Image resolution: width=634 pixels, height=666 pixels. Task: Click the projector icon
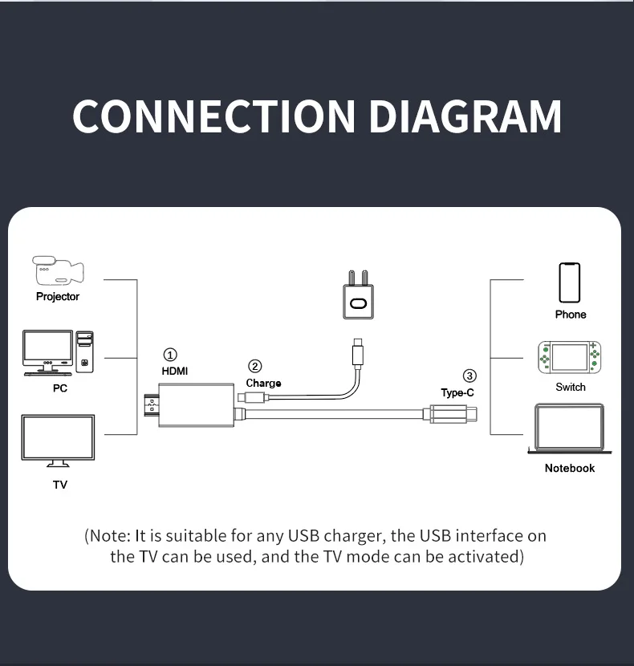click(57, 271)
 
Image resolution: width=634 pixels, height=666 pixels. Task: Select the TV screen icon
click(58, 440)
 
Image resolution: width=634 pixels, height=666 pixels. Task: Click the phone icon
click(570, 282)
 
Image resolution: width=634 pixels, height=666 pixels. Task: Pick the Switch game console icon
click(570, 357)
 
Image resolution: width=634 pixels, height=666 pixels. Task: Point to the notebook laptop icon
click(569, 429)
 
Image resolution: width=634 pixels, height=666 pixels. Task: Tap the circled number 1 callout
click(170, 355)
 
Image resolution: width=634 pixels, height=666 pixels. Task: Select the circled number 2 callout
click(255, 367)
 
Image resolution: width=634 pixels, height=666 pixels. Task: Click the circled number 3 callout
click(469, 376)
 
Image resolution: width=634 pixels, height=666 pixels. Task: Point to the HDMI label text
click(175, 371)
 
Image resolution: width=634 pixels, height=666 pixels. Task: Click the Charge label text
click(263, 384)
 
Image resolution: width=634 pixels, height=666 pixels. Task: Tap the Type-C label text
click(457, 392)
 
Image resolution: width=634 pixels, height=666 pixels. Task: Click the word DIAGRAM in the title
click(465, 116)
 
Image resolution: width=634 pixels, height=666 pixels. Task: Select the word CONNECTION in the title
click(213, 116)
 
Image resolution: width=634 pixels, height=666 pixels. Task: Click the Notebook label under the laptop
click(570, 468)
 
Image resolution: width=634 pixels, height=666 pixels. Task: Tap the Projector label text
click(58, 296)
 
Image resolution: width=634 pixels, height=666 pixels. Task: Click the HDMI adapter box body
click(196, 404)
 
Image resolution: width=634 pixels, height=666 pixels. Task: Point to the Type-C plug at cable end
click(453, 414)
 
